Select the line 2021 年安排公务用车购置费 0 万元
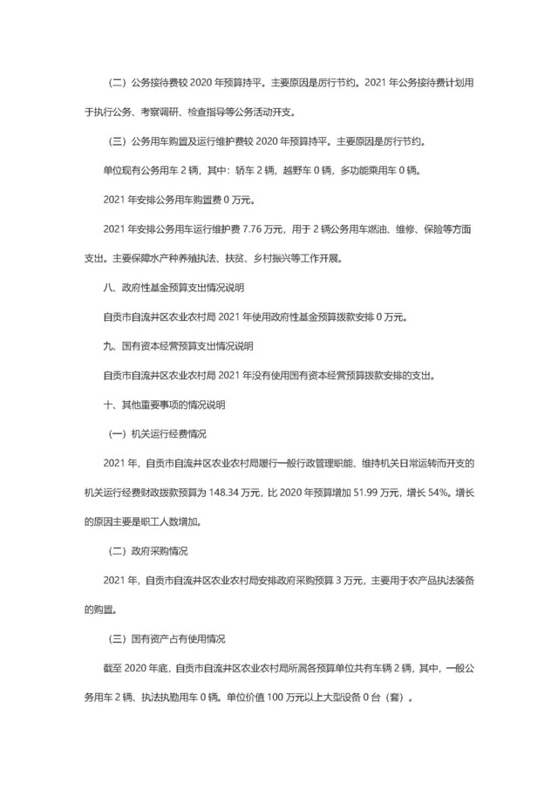[178, 200]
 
